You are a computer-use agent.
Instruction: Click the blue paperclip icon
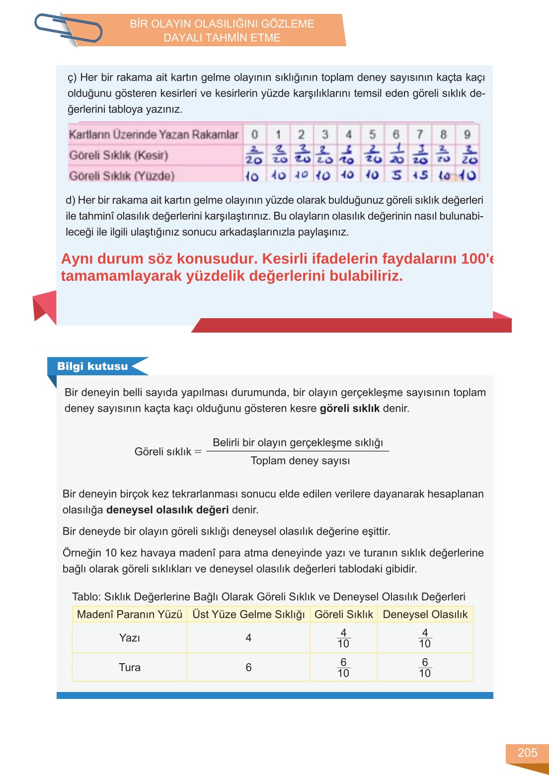pos(68,28)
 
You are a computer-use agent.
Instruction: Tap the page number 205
pos(527,753)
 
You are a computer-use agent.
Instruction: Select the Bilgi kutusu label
pos(92,366)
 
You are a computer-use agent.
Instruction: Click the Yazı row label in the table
pos(129,638)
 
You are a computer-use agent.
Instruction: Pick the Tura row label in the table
pos(129,667)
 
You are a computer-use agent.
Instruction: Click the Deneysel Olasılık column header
pos(425,614)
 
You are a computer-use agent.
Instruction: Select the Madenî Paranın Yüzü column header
pos(130,614)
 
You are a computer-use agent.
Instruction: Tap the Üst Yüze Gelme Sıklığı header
pos(248,614)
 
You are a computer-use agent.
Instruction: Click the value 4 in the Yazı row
pos(248,638)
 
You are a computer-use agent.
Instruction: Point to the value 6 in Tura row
pos(248,667)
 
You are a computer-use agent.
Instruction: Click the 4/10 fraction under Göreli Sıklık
pos(343,638)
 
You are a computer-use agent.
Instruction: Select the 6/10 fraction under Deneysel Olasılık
pos(425,668)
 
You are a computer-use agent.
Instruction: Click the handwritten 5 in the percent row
pos(396,175)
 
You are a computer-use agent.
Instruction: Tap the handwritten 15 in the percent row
pos(420,175)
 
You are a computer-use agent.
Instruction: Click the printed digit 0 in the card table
pos(254,134)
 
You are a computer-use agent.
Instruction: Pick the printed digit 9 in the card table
pos(467,134)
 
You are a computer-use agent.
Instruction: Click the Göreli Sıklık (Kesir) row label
pos(119,155)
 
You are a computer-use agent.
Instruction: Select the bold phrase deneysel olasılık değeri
pos(167,510)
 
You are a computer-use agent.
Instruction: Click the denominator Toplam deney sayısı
pos(300,460)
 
